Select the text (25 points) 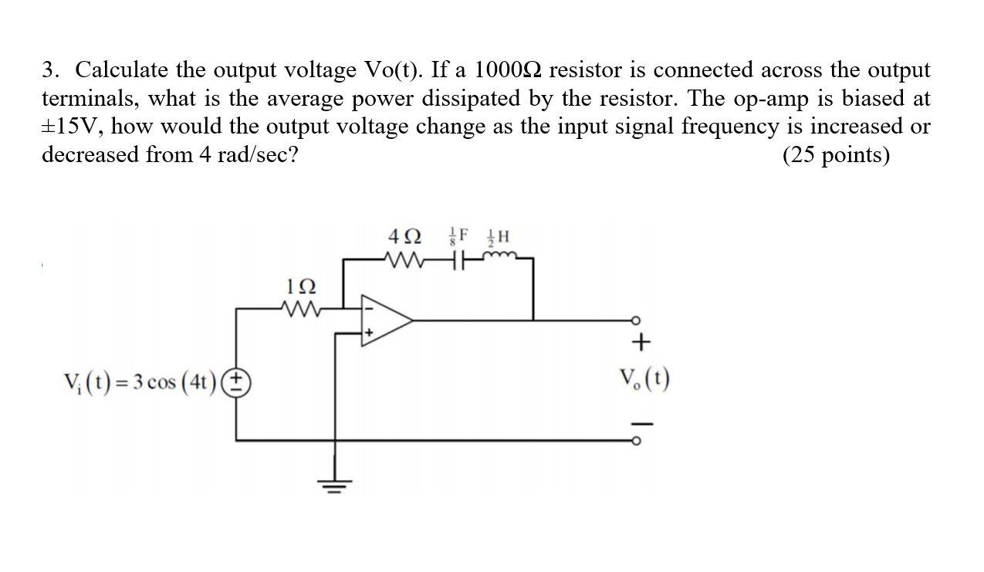tap(836, 155)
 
